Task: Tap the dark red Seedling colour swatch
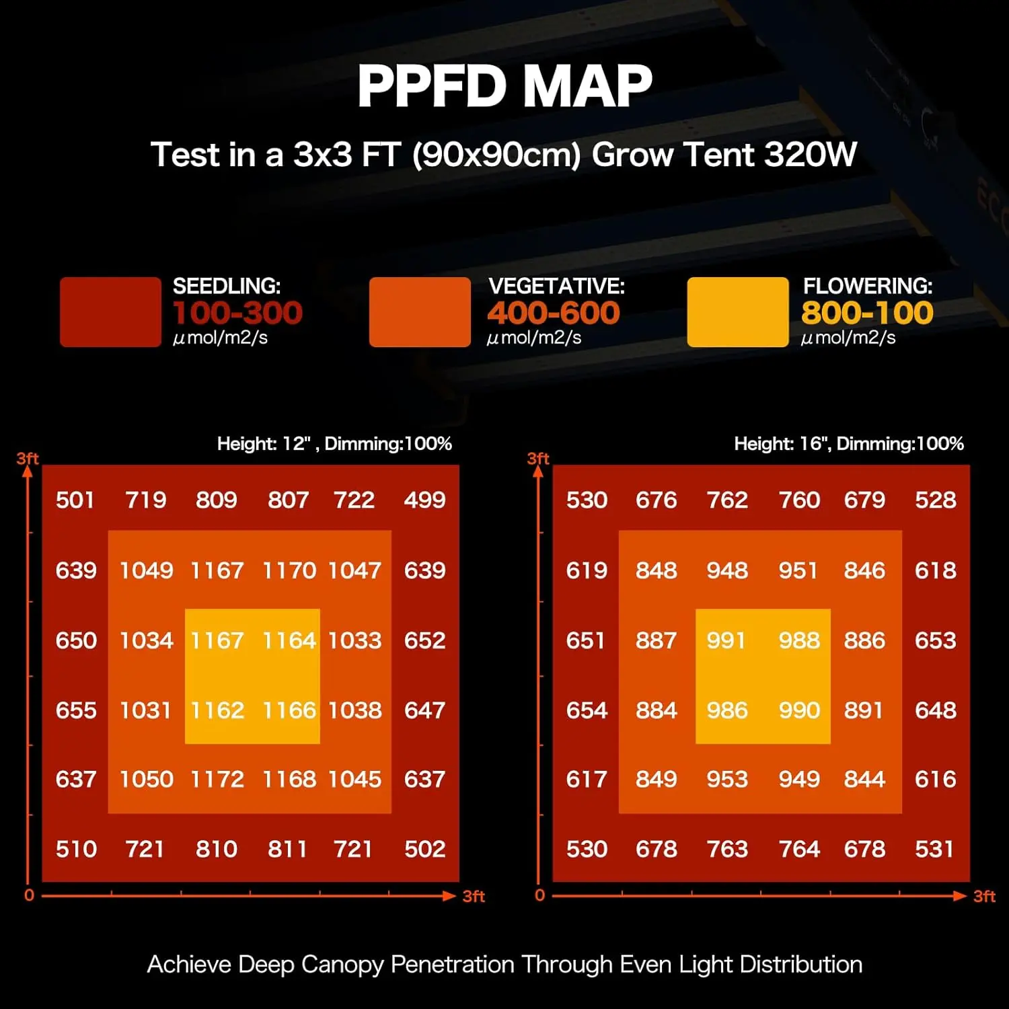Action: (110, 312)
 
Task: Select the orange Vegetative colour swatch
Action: (420, 312)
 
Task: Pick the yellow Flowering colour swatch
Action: (737, 312)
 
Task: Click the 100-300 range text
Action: (237, 313)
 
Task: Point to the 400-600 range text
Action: (553, 313)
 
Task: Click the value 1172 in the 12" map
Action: (217, 779)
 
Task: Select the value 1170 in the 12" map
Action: (289, 570)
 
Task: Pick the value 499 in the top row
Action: (424, 500)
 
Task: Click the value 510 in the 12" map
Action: (76, 849)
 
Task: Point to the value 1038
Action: (354, 710)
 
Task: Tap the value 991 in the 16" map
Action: (726, 640)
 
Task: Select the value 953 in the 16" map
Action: (726, 779)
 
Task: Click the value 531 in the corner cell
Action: (934, 849)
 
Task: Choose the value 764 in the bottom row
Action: (798, 849)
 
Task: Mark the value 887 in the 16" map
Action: (656, 640)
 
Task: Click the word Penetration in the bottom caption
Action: (452, 965)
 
